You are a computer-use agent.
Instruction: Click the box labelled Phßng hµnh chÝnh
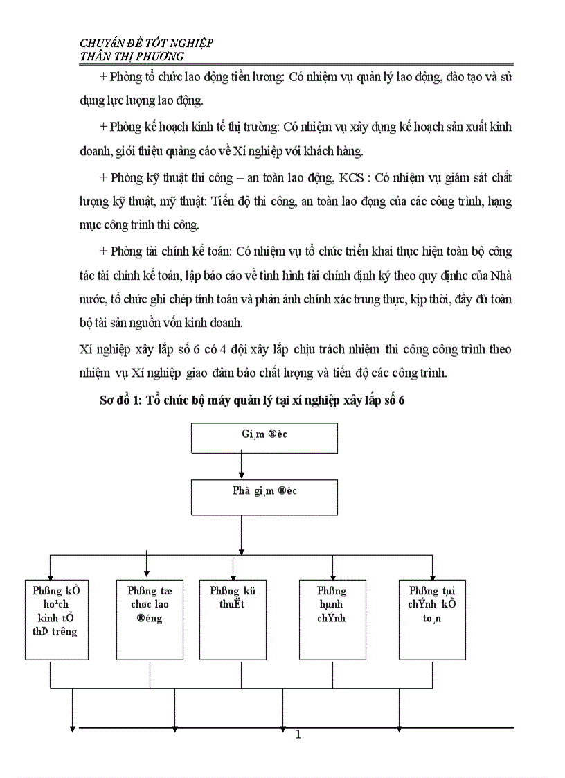click(x=332, y=619)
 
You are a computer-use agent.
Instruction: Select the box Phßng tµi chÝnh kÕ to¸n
click(x=432, y=619)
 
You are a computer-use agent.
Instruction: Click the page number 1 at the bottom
click(x=298, y=734)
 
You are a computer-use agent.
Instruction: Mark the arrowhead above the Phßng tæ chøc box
click(x=147, y=571)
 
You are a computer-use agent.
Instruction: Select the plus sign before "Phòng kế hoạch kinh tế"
click(x=103, y=127)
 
